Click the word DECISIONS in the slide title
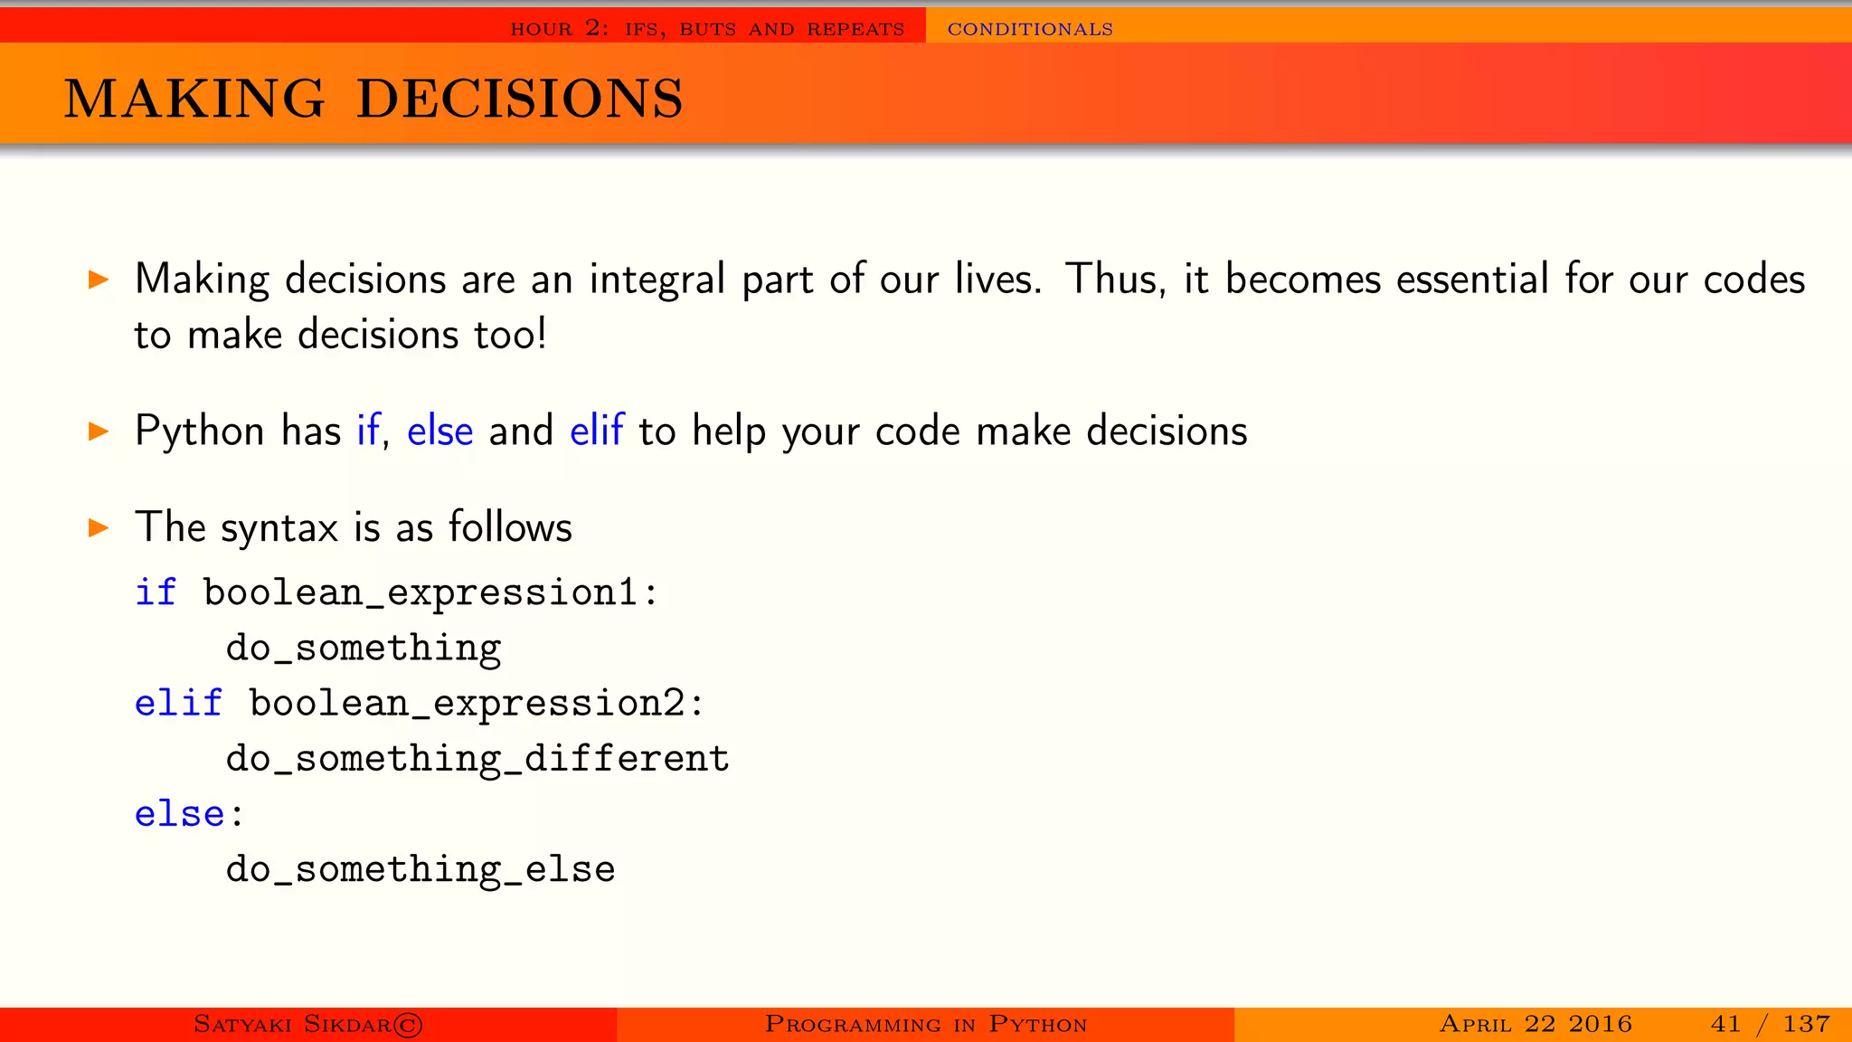tap(520, 99)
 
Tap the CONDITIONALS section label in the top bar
tap(1030, 29)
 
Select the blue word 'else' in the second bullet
tap(439, 431)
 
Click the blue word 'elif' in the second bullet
tap(597, 431)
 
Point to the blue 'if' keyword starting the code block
tap(156, 592)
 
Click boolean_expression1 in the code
tap(420, 593)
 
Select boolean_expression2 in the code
tap(467, 704)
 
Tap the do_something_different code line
tap(477, 759)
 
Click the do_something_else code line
tap(420, 869)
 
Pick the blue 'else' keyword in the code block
tap(179, 814)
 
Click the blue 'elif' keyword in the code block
tap(178, 704)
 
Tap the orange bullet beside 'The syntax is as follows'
tap(99, 527)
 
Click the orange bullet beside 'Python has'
tap(99, 431)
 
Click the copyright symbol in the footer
tap(408, 1025)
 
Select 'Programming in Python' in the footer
tap(926, 1024)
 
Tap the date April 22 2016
tap(1535, 1024)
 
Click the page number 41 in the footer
tap(1725, 1024)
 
